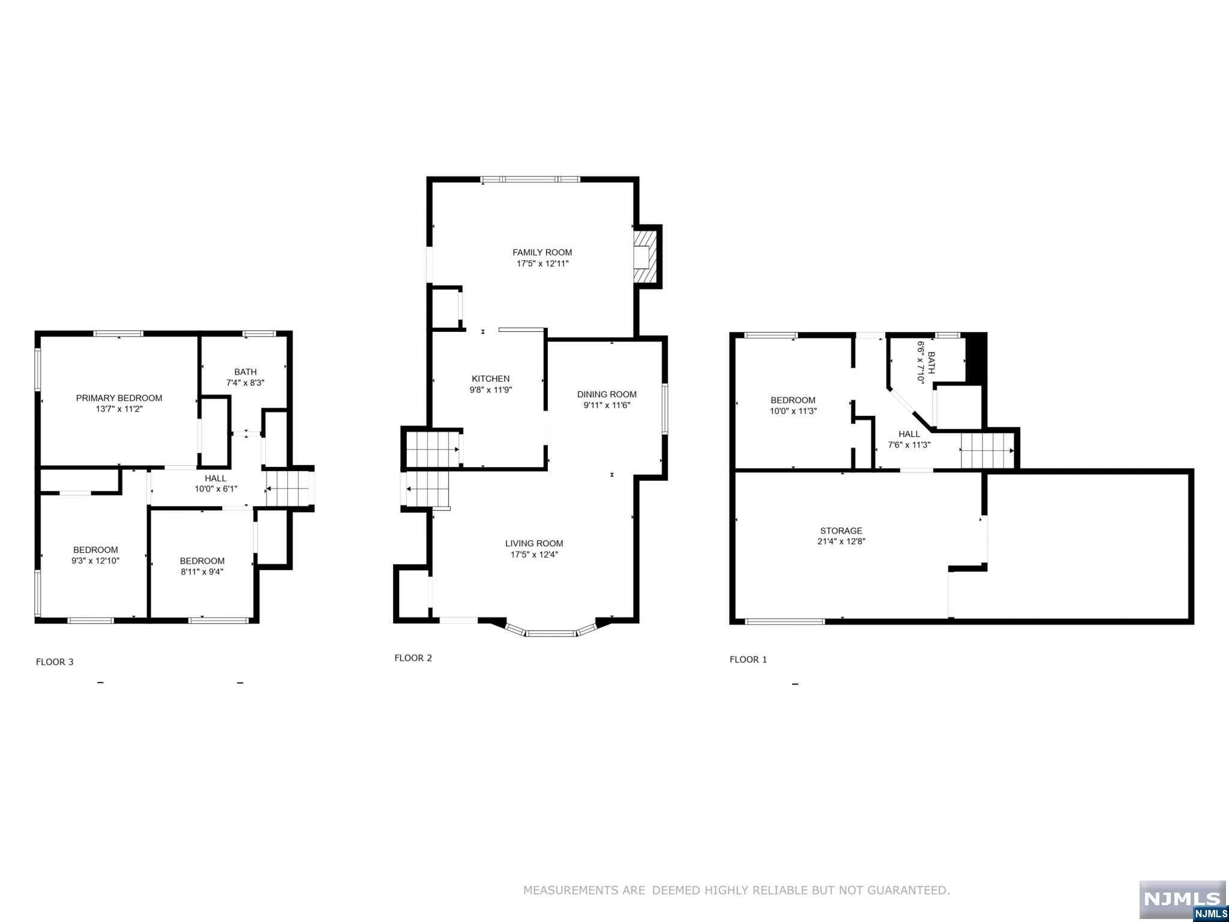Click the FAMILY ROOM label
542,253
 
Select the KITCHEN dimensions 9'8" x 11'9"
490,390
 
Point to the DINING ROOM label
607,394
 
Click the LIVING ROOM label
534,544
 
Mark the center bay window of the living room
551,633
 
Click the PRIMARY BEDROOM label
119,398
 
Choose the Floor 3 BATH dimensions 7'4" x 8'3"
245,382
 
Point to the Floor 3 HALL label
215,478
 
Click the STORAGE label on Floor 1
841,531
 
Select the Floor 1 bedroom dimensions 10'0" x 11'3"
793,411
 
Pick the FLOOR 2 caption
413,658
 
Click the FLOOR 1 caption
748,660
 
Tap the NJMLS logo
1182,898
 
